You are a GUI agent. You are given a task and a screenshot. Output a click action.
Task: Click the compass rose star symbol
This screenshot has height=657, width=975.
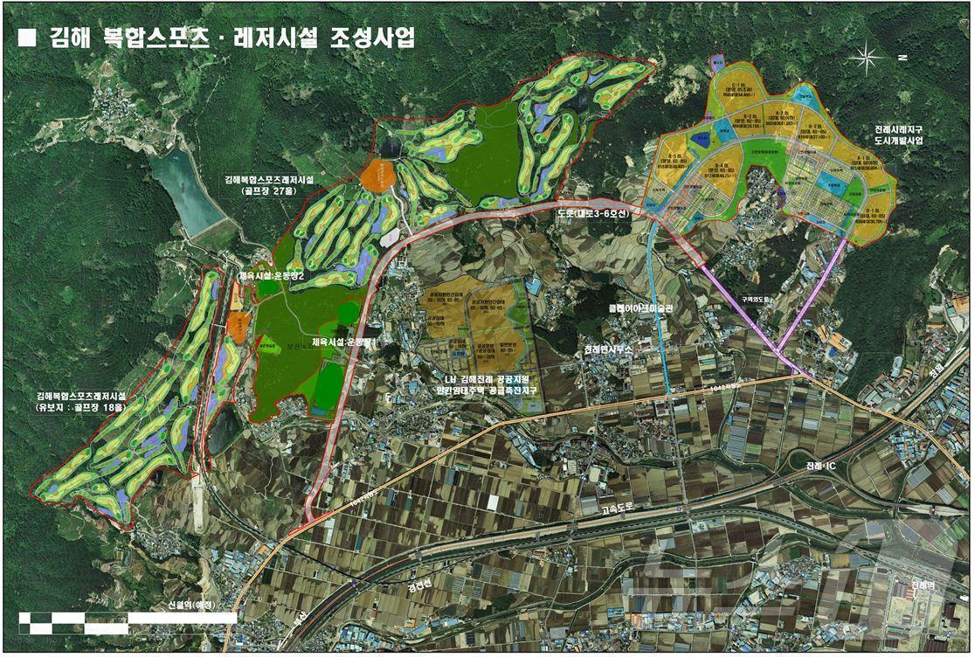pos(868,58)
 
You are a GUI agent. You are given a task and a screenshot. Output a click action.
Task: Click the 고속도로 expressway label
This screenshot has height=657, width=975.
pos(621,505)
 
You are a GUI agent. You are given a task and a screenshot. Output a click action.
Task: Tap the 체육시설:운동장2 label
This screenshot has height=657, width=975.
pos(273,276)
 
